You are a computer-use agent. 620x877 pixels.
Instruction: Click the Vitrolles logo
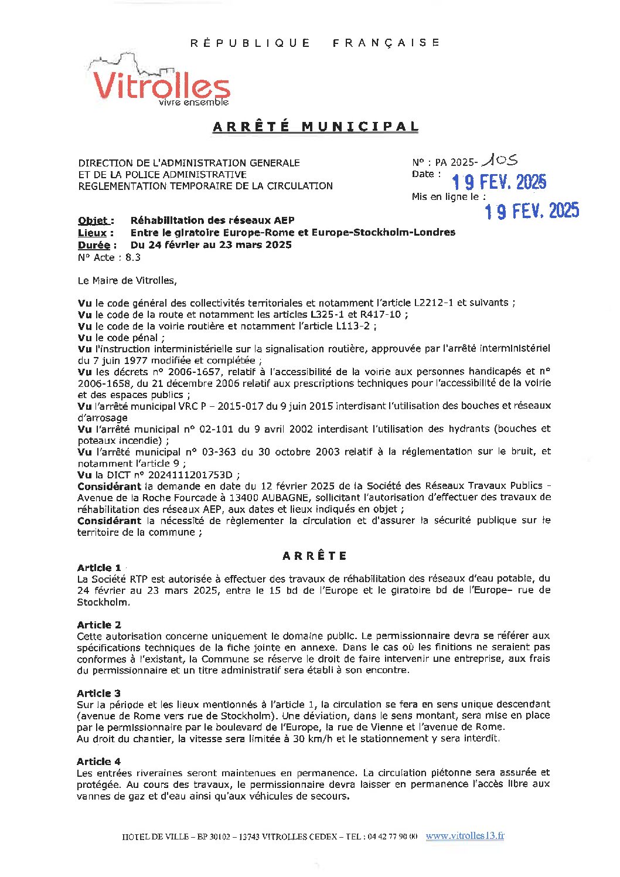pyautogui.click(x=160, y=83)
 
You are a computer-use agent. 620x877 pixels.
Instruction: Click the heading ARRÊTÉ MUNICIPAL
pyautogui.click(x=315, y=127)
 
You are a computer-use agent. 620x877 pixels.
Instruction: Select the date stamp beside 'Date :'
pyautogui.click(x=499, y=182)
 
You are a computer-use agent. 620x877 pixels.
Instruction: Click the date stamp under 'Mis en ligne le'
pyautogui.click(x=532, y=210)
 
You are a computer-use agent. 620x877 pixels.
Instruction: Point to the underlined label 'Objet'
pyautogui.click(x=94, y=221)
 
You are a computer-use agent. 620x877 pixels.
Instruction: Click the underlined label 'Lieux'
pyautogui.click(x=92, y=233)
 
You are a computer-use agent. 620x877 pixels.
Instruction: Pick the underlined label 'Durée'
pyautogui.click(x=94, y=245)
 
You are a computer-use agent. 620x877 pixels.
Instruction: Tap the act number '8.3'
pyautogui.click(x=133, y=257)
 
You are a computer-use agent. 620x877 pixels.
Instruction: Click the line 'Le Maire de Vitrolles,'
pyautogui.click(x=127, y=281)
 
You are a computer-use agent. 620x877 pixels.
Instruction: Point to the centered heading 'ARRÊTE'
pyautogui.click(x=315, y=556)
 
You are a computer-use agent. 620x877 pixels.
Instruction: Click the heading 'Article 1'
pyautogui.click(x=98, y=567)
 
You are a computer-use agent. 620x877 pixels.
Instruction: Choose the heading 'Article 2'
pyautogui.click(x=98, y=625)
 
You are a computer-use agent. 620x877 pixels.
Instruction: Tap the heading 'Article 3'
pyautogui.click(x=98, y=694)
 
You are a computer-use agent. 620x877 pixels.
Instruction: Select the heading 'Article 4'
pyautogui.click(x=98, y=762)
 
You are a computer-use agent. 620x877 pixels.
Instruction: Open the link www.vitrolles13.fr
pyautogui.click(x=465, y=836)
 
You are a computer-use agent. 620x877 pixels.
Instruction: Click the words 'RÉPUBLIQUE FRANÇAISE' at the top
pyautogui.click(x=315, y=43)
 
